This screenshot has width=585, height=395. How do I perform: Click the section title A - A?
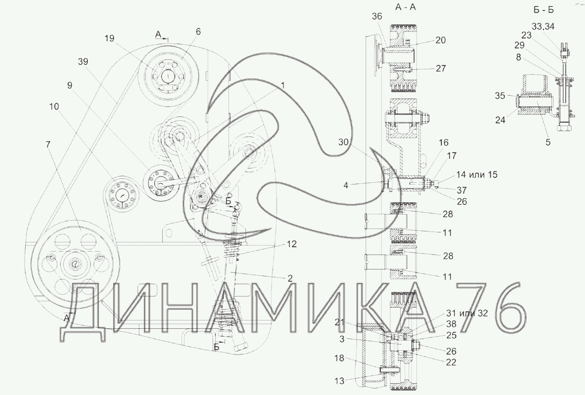405,7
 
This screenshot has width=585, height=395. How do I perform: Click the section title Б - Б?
544,10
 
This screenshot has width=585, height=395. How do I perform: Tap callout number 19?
110,38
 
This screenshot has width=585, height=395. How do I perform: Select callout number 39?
83,61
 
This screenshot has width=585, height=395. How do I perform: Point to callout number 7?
48,144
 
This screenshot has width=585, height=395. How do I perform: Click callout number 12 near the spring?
292,244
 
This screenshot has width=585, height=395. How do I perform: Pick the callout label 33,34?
543,26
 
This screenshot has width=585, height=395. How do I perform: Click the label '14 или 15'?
477,174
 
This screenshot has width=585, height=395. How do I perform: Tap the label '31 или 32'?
467,313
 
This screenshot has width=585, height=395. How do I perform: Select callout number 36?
377,17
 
